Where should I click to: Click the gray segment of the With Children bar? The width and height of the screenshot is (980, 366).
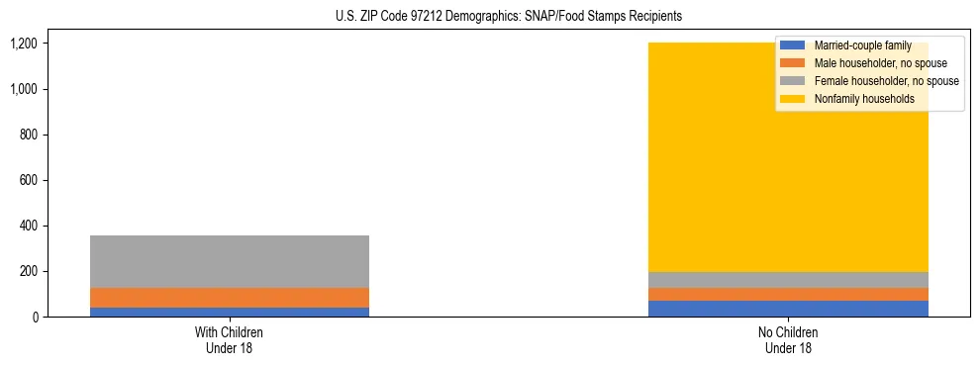(230, 261)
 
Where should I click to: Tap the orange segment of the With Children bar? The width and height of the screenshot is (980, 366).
(230, 298)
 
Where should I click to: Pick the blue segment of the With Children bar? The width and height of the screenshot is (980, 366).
(230, 312)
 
